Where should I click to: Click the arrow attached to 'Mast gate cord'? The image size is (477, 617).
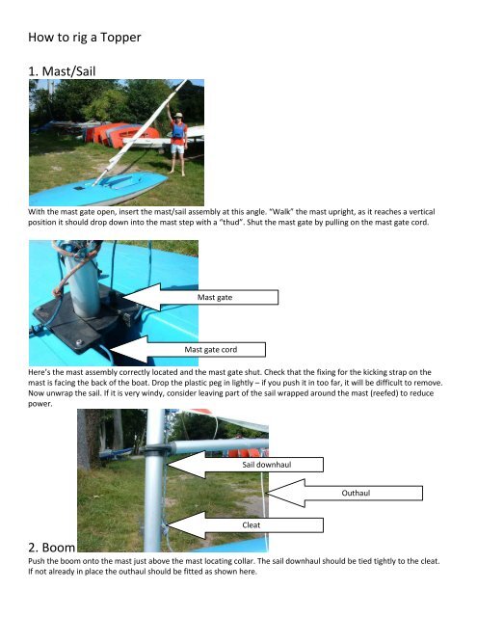click(x=146, y=344)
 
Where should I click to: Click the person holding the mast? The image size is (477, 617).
click(x=177, y=138)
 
